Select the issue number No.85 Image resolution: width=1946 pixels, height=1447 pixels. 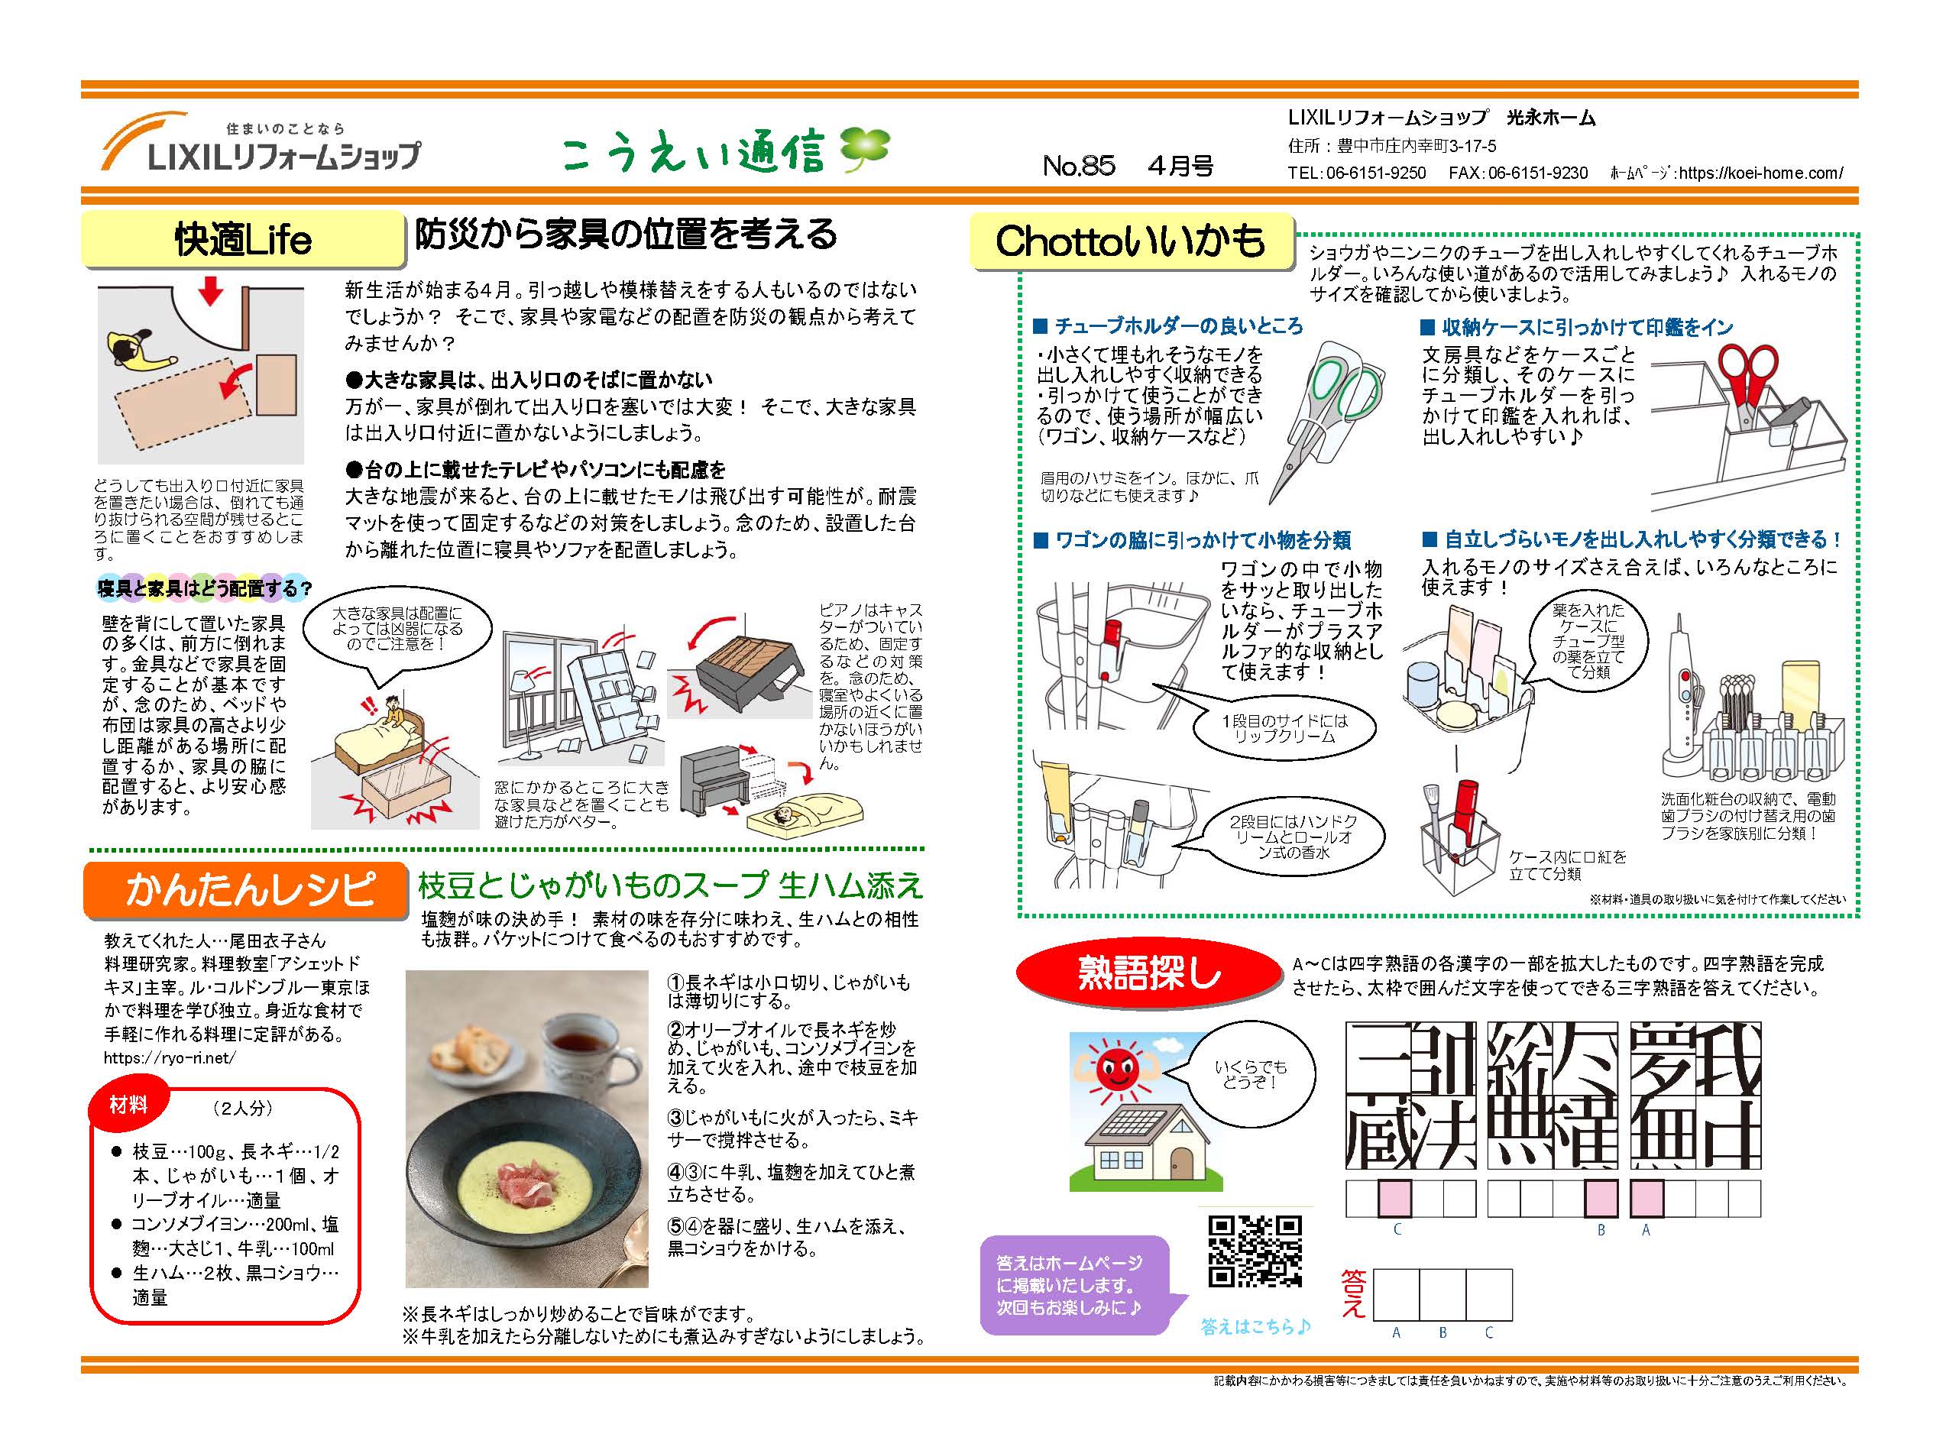click(1079, 166)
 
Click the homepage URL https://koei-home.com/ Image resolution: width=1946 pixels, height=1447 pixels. click(1761, 173)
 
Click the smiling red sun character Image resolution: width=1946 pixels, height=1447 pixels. click(1118, 1070)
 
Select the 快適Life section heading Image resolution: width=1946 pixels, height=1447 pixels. click(243, 239)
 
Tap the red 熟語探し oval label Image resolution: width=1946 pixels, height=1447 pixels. click(1148, 973)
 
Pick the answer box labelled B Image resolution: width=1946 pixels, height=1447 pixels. click(1442, 1295)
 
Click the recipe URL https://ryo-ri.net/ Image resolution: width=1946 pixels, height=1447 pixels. click(170, 1058)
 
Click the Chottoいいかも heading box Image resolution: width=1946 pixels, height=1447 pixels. click(1132, 240)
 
